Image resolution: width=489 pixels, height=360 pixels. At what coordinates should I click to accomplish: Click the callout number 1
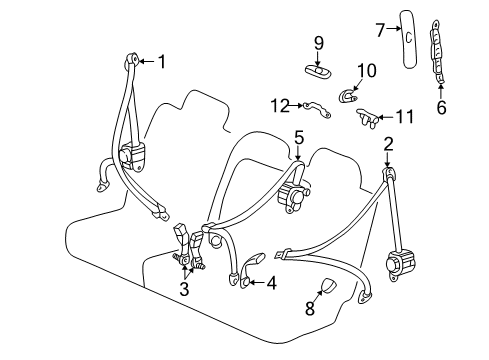[x=163, y=62]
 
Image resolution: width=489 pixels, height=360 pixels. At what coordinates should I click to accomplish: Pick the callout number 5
[x=298, y=135]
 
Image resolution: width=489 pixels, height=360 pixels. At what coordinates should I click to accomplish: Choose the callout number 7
[x=379, y=30]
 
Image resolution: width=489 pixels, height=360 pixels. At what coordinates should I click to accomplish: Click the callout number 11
[x=403, y=116]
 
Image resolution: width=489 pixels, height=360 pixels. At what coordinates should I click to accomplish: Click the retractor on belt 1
[x=135, y=158]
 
